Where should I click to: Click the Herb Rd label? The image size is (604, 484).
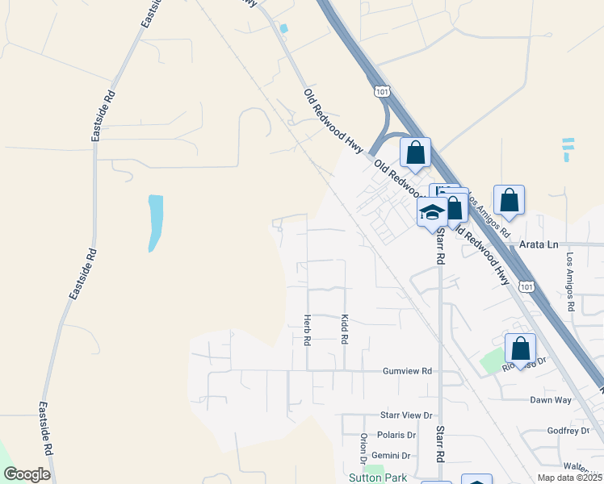click(x=307, y=330)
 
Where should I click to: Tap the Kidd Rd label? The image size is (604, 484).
click(x=344, y=330)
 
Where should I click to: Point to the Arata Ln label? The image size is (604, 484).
click(x=539, y=244)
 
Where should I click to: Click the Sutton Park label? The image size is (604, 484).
click(x=376, y=478)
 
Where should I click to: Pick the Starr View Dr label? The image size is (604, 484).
click(x=407, y=415)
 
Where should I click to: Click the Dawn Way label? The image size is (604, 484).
click(x=551, y=399)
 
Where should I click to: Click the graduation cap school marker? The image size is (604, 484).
click(x=432, y=212)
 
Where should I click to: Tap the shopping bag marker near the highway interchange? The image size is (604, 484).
click(x=415, y=152)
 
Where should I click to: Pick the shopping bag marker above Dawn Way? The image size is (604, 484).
click(x=521, y=348)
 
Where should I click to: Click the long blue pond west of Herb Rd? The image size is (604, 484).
click(x=154, y=223)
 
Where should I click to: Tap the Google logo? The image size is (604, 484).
click(x=27, y=474)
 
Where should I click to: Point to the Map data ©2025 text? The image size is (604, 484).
click(x=568, y=478)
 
